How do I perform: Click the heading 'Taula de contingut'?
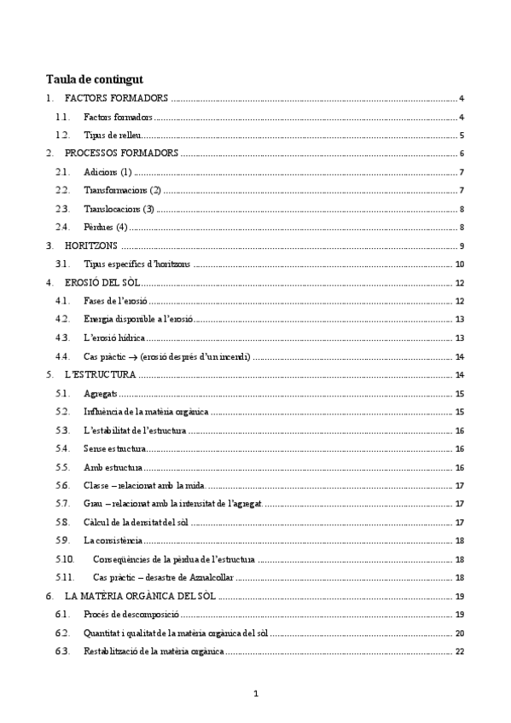(x=95, y=79)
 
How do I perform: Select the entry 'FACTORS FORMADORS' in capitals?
(x=116, y=99)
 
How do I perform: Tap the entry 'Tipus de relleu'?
(x=113, y=136)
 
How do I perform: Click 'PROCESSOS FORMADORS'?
(x=121, y=153)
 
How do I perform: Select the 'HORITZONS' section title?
(x=90, y=246)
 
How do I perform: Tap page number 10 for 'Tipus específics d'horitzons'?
(x=459, y=264)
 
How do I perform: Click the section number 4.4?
(x=61, y=356)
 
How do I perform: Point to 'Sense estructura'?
(x=115, y=448)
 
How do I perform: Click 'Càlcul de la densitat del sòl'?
(x=135, y=522)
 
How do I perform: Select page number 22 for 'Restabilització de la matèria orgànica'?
(x=459, y=651)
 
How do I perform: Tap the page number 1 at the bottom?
(x=255, y=693)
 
